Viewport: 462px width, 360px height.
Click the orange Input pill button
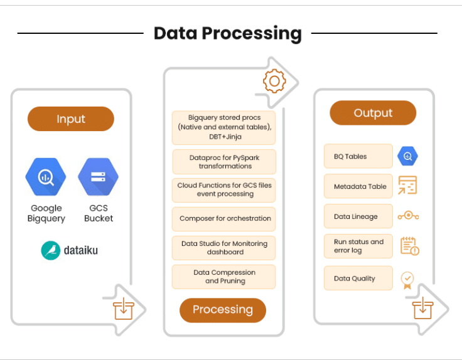pyautogui.click(x=71, y=119)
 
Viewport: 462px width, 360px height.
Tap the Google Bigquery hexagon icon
pyautogui.click(x=46, y=177)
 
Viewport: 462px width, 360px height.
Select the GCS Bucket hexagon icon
pyautogui.click(x=99, y=177)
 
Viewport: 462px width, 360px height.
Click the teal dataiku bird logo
pyautogui.click(x=50, y=250)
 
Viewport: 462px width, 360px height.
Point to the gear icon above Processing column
pyautogui.click(x=274, y=81)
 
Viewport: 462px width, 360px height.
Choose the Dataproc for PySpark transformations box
pyautogui.click(x=224, y=162)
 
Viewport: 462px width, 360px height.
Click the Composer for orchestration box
pyautogui.click(x=224, y=219)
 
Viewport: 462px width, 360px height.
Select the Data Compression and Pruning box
pyautogui.click(x=224, y=277)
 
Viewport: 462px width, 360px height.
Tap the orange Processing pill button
pyautogui.click(x=223, y=310)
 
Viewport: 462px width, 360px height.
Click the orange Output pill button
pyautogui.click(x=373, y=113)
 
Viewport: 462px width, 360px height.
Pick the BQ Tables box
pyautogui.click(x=358, y=156)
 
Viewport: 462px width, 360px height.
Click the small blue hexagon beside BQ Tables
pyautogui.click(x=407, y=156)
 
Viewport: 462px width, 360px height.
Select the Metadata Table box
pyautogui.click(x=358, y=186)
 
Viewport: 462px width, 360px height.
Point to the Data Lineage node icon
pyautogui.click(x=408, y=216)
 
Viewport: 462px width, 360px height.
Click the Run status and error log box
pyautogui.click(x=358, y=246)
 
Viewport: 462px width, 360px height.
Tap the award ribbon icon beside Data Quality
pyautogui.click(x=407, y=280)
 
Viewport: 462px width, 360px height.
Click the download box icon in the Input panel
pyautogui.click(x=124, y=309)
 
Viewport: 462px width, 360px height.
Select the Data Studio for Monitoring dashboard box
pyautogui.click(x=224, y=248)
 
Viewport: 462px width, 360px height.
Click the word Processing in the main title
pyautogui.click(x=252, y=33)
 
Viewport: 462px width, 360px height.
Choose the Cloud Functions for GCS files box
pyautogui.click(x=224, y=190)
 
